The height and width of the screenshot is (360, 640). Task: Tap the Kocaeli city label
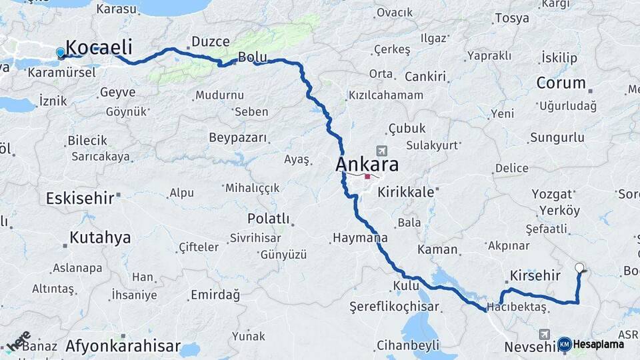point(99,47)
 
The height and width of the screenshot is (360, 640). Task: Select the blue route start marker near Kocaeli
point(61,53)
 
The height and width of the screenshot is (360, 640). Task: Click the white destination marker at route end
point(579,268)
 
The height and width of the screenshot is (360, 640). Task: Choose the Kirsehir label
point(533,275)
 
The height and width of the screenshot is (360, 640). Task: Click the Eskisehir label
point(79,198)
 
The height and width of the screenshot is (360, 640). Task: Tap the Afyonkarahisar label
point(123,347)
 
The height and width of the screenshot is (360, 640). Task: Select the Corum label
point(561,83)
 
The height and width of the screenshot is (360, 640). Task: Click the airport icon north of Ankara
point(381,151)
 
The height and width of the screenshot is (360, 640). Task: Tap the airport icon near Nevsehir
point(545,333)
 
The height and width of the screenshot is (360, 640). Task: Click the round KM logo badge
point(565,344)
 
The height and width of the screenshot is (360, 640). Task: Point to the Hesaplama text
point(599,345)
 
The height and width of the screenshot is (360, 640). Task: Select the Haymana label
point(360,238)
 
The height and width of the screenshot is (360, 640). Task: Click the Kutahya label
point(100,238)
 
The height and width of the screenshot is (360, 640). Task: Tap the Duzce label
point(211,42)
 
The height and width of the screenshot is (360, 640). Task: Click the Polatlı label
point(268,219)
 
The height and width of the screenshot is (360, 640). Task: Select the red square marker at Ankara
point(367,177)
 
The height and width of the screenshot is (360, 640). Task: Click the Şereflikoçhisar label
point(395,307)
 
